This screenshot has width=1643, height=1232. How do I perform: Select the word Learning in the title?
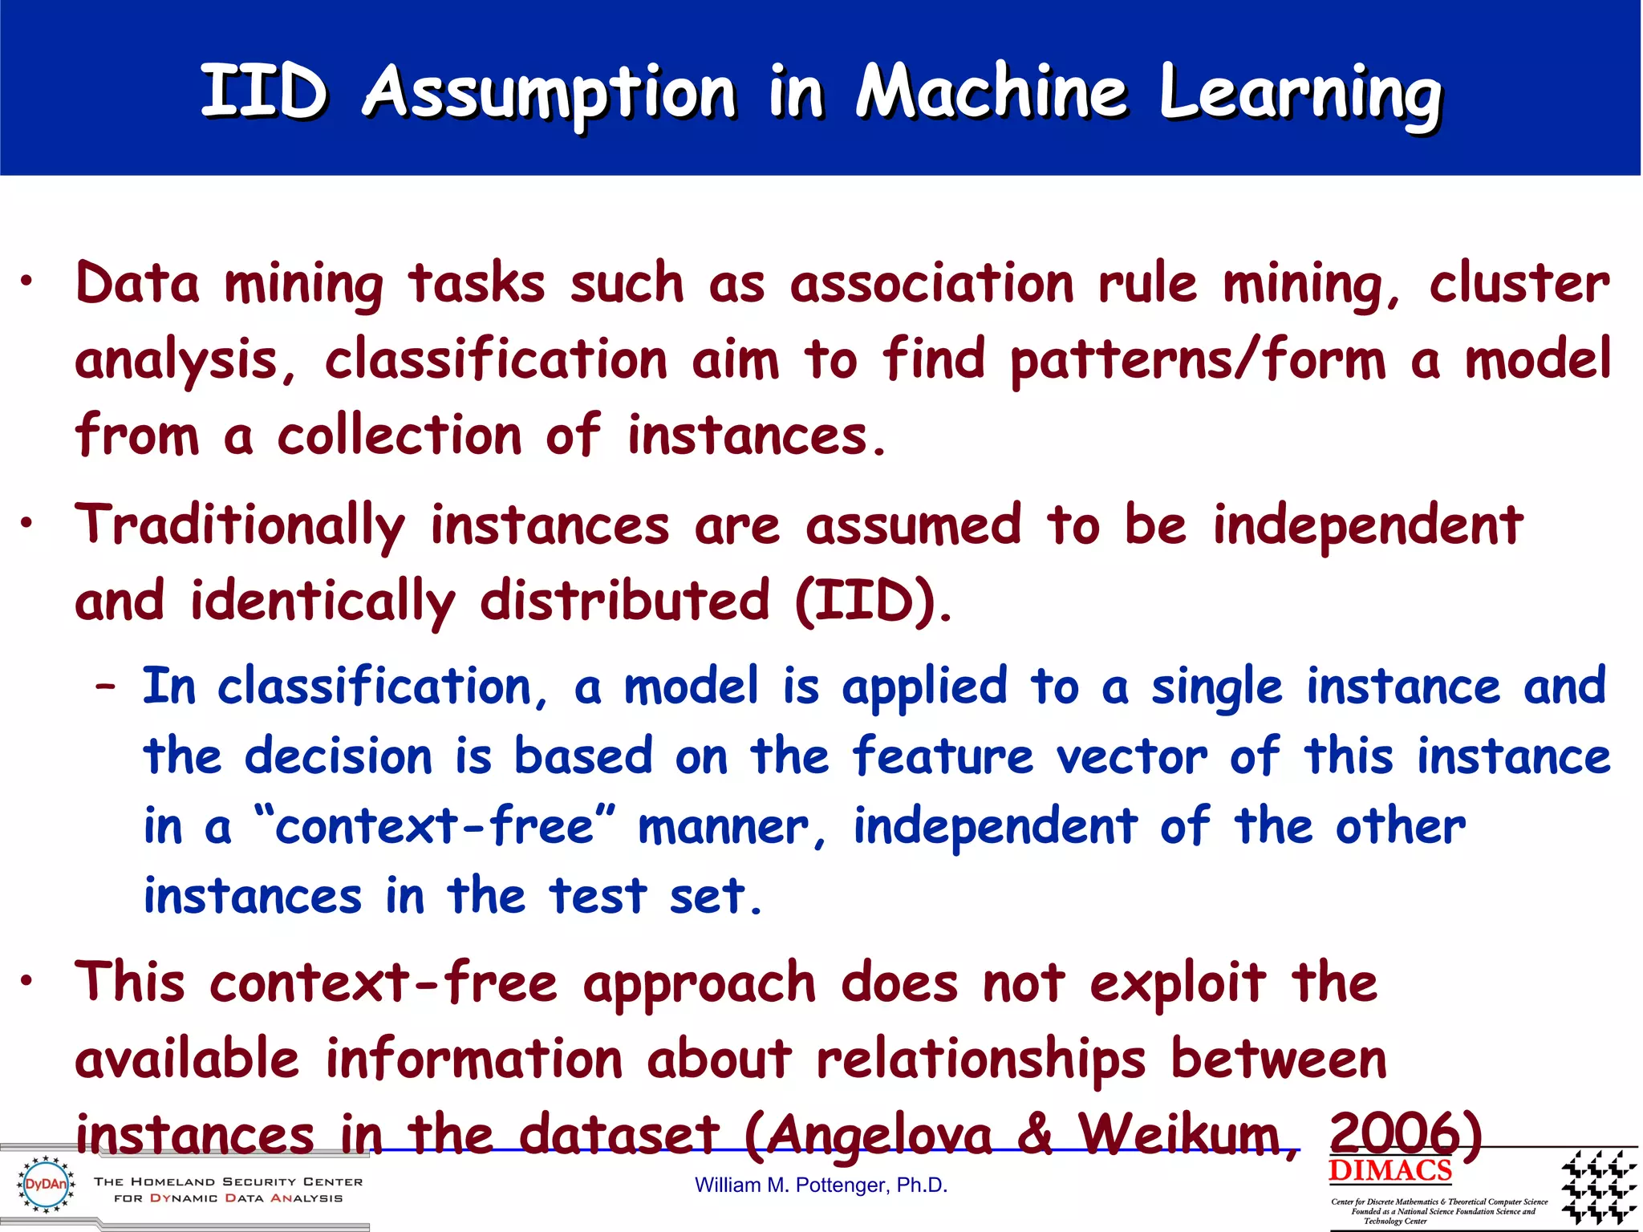pos(1300,95)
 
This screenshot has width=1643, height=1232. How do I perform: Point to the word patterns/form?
pos(1198,360)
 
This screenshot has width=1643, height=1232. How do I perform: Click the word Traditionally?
pos(240,526)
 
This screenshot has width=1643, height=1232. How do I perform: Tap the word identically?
pos(323,602)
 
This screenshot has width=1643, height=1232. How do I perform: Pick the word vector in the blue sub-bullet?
pos(1131,756)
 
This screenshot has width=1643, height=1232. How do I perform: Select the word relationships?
pos(980,1060)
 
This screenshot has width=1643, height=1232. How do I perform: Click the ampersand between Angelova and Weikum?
pos(1036,1134)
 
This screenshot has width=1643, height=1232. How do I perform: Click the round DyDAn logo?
pos(46,1184)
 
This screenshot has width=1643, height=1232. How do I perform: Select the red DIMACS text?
pos(1389,1170)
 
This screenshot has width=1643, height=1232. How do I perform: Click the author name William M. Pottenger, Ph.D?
pos(821,1185)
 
